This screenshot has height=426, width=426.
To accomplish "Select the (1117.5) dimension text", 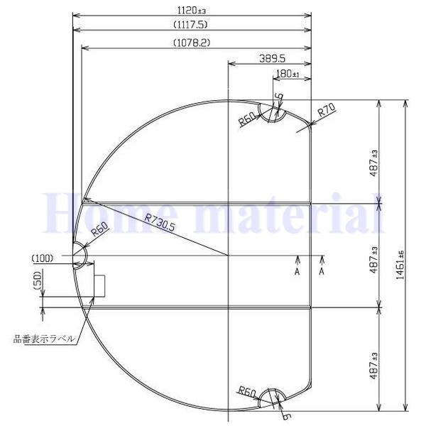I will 192,24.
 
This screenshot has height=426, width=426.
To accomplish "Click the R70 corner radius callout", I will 327,111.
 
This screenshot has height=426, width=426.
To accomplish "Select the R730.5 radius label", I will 160,224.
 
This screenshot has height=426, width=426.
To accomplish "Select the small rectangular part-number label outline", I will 99,285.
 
